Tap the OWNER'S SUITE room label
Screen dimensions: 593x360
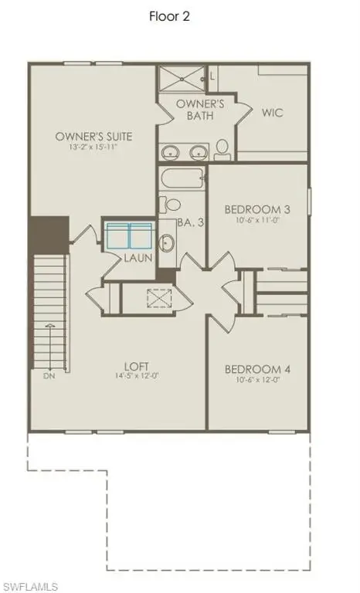click(93, 137)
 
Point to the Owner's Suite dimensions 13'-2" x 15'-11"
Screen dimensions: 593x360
click(93, 147)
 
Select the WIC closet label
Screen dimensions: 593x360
click(271, 113)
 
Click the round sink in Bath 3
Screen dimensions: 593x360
click(166, 243)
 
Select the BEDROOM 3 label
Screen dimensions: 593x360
click(257, 209)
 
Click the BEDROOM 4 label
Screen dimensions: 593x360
click(257, 370)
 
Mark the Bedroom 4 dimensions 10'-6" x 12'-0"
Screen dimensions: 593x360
click(257, 381)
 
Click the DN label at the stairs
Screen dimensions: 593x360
click(49, 376)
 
